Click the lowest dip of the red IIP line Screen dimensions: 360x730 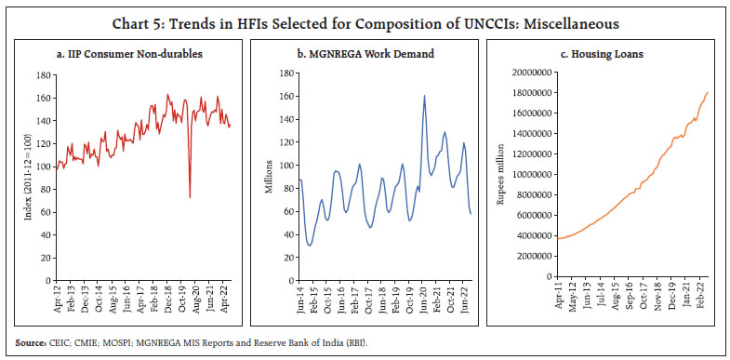(190, 196)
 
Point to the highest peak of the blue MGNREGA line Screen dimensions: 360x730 (424, 96)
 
